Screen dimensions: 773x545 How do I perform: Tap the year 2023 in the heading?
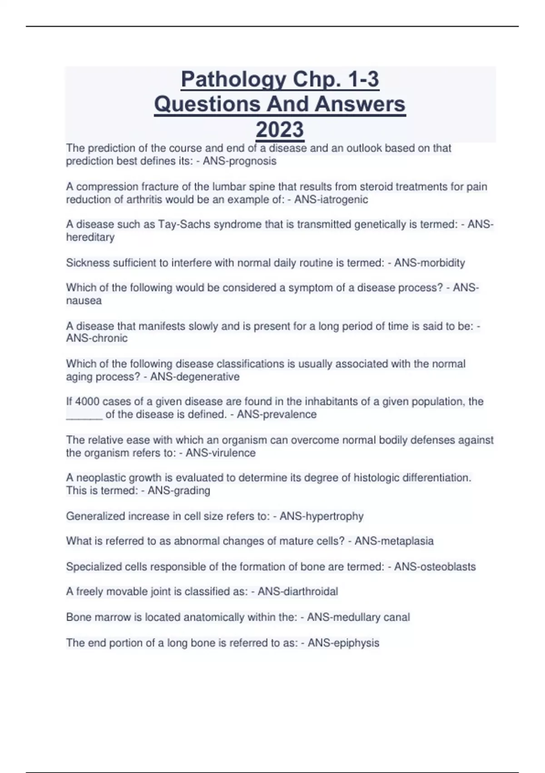coord(279,130)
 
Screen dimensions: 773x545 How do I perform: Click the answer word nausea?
coord(84,301)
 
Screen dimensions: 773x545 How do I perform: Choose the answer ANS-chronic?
coord(97,338)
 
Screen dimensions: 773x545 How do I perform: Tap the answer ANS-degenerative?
coord(195,376)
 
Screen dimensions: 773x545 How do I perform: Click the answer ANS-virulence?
coord(221,453)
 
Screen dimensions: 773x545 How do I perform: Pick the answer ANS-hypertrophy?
coord(322,516)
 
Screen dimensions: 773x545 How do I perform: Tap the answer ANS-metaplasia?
coord(394,541)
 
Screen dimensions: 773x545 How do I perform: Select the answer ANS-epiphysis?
coord(343,643)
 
